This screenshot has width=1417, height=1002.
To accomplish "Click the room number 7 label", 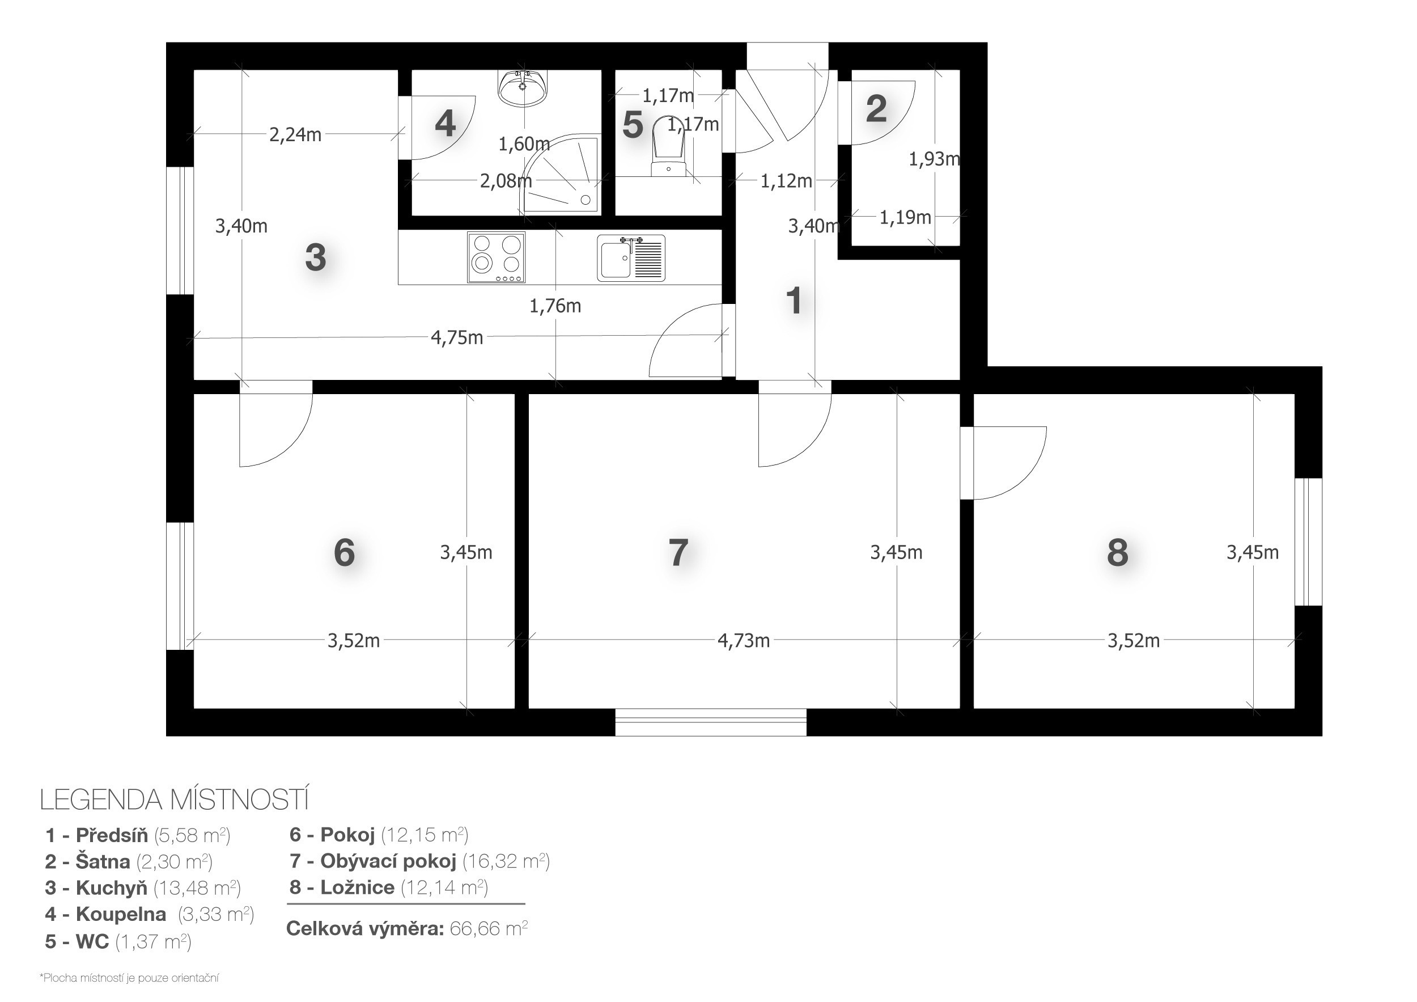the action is (x=678, y=552).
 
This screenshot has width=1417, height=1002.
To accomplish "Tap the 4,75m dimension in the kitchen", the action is (x=457, y=338).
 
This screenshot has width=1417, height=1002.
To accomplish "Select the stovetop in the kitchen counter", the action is (x=496, y=257).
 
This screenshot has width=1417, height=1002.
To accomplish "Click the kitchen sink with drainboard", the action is (x=631, y=257).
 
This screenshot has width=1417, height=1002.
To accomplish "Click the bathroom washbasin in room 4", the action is (x=523, y=88).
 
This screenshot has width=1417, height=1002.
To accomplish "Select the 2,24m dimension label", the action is (x=295, y=134).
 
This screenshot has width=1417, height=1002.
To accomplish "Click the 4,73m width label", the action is (x=744, y=640).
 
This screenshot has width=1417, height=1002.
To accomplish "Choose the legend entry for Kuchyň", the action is (x=143, y=888).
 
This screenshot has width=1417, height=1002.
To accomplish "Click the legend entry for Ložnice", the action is (x=389, y=887).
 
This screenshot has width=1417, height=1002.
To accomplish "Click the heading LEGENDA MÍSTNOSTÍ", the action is (x=174, y=800).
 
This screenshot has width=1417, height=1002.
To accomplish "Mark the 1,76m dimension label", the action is (x=555, y=306).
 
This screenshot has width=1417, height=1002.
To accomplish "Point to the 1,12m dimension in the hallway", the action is (x=786, y=181).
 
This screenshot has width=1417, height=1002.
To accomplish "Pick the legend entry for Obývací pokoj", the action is (x=419, y=861).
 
